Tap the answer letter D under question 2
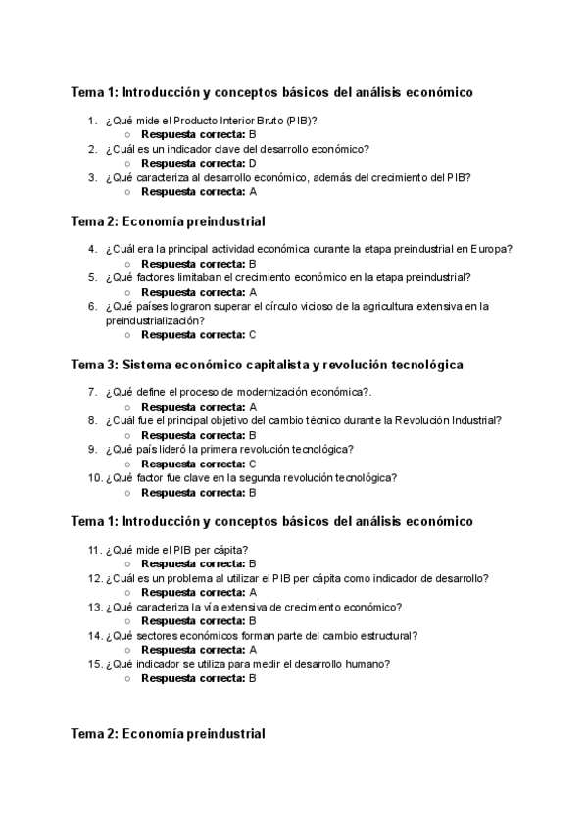(x=252, y=164)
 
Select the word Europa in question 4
(x=495, y=249)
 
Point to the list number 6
(x=92, y=306)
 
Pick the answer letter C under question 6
(x=252, y=335)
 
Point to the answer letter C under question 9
(x=252, y=464)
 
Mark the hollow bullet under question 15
(x=128, y=678)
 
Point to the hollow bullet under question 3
(x=128, y=192)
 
